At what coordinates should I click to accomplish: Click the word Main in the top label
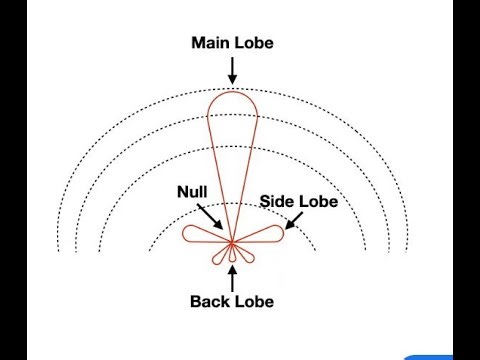pyautogui.click(x=208, y=43)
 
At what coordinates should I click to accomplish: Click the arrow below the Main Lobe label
pyautogui.click(x=232, y=70)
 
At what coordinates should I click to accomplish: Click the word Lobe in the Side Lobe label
pyautogui.click(x=320, y=201)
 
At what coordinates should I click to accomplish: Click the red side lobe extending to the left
pyautogui.click(x=200, y=237)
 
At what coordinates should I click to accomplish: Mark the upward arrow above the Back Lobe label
pyautogui.click(x=232, y=278)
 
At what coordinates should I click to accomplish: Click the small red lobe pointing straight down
pyautogui.click(x=232, y=256)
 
